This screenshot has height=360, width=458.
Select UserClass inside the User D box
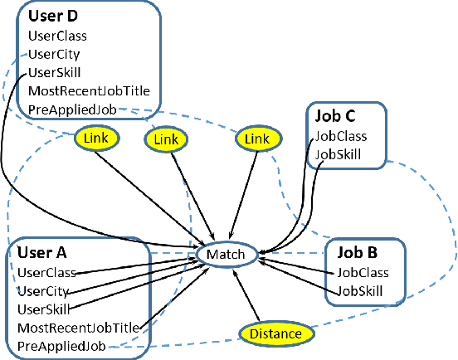pyautogui.click(x=57, y=36)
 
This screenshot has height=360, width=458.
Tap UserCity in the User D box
pyautogui.click(x=54, y=54)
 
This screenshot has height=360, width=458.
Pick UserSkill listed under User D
pyautogui.click(x=54, y=72)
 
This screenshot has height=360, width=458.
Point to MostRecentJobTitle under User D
pyautogui.click(x=82, y=90)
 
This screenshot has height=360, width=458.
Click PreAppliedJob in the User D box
pyautogui.click(x=66, y=109)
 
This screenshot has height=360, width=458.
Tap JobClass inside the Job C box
pyautogui.click(x=340, y=136)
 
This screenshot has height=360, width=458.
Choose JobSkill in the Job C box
pyautogui.click(x=339, y=154)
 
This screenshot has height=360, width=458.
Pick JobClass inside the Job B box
pyautogui.click(x=363, y=272)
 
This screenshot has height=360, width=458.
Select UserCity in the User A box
pyautogui.click(x=42, y=291)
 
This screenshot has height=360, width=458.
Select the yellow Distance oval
pyautogui.click(x=276, y=333)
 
